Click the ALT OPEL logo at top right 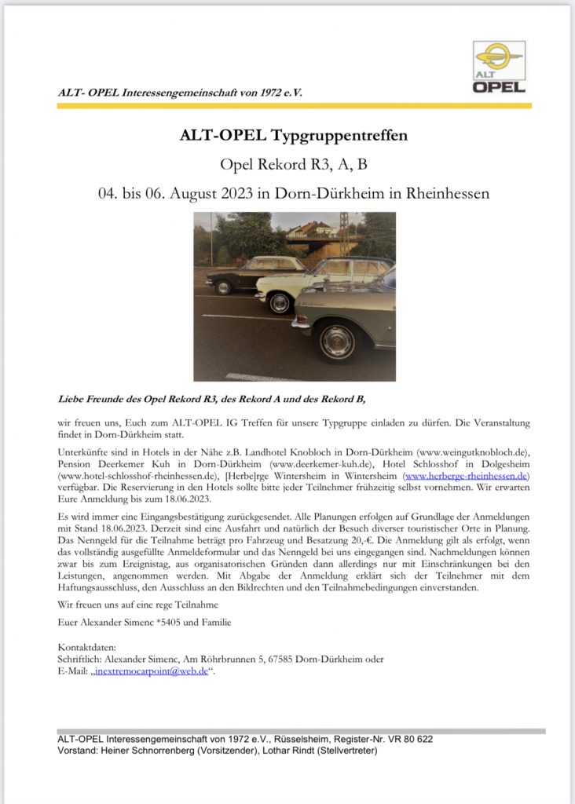tap(499, 68)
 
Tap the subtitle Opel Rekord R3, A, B tap(294, 164)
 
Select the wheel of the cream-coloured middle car tap(280, 303)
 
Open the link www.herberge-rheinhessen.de tap(467, 476)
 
